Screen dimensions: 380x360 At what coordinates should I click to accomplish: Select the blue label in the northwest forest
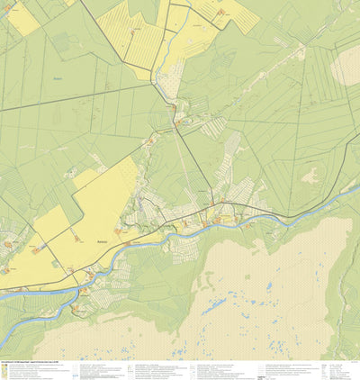58,78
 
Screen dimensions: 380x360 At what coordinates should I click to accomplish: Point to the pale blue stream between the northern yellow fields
162,54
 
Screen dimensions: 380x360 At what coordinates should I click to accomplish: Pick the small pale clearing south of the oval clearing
310,176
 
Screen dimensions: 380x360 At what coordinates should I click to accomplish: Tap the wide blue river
180,234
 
